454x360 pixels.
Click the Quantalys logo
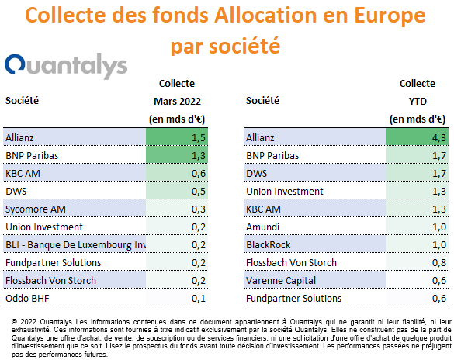[66, 65]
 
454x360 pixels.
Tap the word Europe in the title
[390, 15]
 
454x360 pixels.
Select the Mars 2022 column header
[177, 102]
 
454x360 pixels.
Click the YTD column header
[418, 102]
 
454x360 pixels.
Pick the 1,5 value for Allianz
[199, 138]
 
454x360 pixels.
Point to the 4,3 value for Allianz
[439, 138]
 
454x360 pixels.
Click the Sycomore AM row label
[36, 209]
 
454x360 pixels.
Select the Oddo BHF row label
[27, 299]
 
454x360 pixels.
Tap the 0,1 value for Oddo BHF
[199, 299]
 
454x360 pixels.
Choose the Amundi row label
[262, 227]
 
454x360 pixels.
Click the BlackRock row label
[268, 245]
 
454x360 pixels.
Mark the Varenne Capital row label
[281, 281]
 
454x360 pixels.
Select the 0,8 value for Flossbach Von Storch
[439, 263]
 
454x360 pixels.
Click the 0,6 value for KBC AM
[199, 174]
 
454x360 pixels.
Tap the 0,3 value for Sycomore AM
[199, 209]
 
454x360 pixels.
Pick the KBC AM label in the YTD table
[263, 209]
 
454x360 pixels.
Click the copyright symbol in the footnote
[14, 322]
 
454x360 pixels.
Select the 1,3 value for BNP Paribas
[199, 156]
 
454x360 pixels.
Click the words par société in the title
[226, 46]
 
